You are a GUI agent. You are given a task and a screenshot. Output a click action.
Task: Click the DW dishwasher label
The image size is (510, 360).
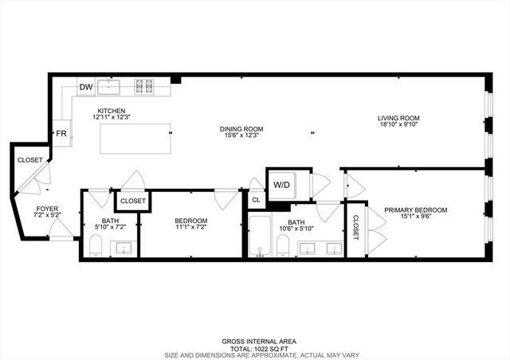(86, 87)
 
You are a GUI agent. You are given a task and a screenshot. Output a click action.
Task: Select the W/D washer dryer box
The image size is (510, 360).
(282, 184)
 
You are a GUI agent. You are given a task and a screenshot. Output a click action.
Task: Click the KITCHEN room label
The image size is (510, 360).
(112, 111)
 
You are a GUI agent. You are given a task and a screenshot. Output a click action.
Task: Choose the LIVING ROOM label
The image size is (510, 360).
(398, 119)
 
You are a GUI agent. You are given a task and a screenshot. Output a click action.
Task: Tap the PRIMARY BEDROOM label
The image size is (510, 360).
(415, 210)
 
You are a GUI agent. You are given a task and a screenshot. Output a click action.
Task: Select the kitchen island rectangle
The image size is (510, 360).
(136, 139)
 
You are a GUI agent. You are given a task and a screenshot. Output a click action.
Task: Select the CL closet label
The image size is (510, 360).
(256, 201)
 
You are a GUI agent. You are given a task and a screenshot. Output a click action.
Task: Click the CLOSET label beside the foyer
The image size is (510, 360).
(29, 160)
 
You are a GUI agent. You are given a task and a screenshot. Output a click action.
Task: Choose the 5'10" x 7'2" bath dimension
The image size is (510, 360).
(110, 229)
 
